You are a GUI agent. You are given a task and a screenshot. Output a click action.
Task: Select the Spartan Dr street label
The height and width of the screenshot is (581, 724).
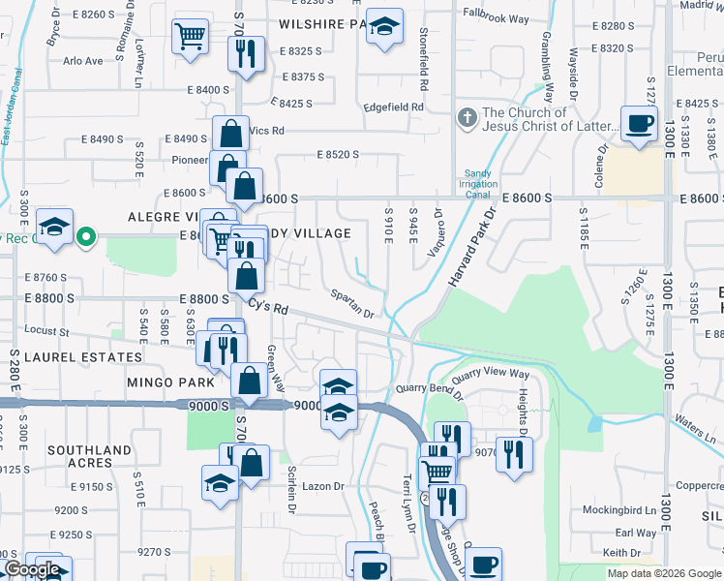click(350, 303)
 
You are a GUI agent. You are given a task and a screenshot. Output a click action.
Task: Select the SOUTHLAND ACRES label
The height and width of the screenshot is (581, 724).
click(89, 456)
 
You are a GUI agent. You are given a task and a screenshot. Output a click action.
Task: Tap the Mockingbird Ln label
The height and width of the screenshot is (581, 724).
click(620, 509)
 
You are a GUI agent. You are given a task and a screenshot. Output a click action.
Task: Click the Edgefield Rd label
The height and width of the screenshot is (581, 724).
click(394, 107)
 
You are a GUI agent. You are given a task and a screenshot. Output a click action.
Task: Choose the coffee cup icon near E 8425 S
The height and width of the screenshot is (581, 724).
click(639, 124)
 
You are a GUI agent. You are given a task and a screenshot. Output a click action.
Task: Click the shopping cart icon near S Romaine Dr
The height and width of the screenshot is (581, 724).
click(191, 38)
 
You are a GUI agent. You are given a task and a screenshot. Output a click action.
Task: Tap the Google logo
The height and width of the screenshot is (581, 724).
click(31, 569)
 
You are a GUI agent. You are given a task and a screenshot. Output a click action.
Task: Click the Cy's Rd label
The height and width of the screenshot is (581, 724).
click(268, 306)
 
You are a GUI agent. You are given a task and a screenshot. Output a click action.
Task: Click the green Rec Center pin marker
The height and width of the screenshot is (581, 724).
click(85, 235)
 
